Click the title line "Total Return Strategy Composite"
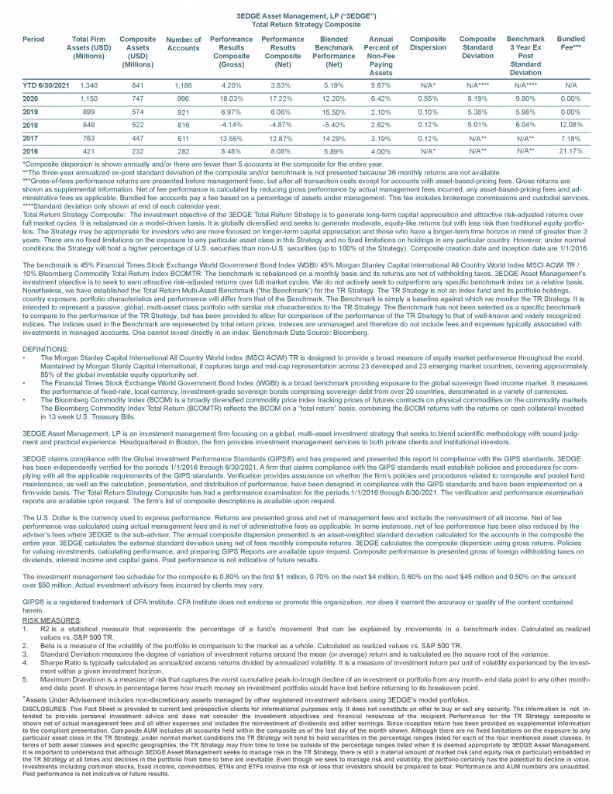point(306,24)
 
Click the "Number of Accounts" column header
point(183,44)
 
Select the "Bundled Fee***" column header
point(571,43)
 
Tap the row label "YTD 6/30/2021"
point(46,85)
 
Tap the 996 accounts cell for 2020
point(183,98)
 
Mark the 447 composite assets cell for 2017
point(137,137)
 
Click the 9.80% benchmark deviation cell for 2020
point(525,98)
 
